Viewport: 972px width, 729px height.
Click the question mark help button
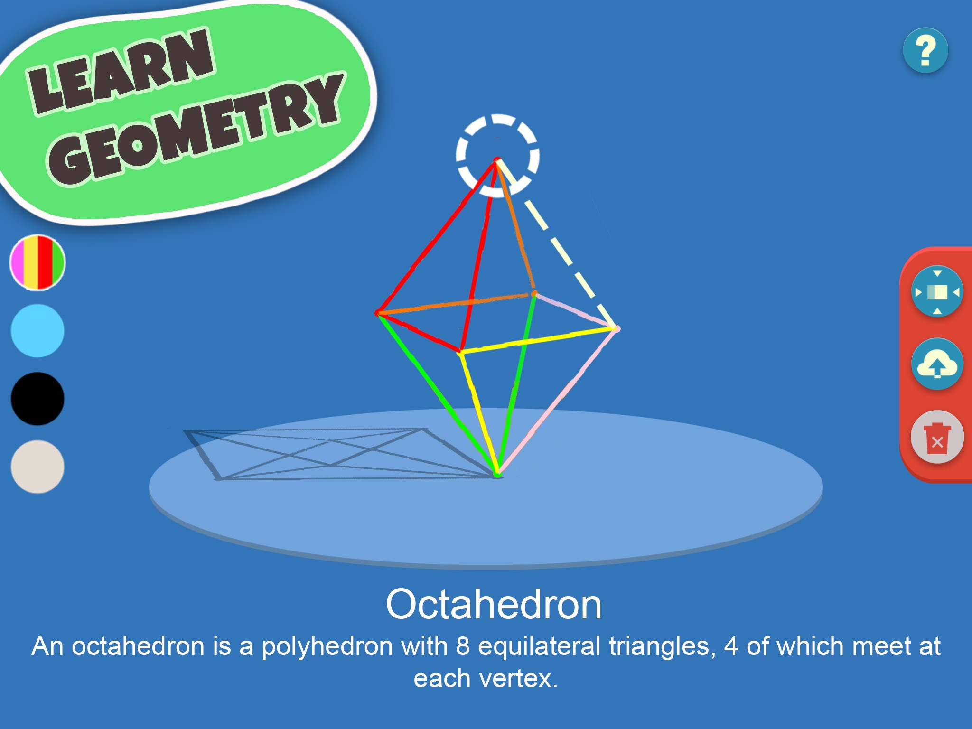[x=925, y=50]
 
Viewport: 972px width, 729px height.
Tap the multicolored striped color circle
[x=37, y=262]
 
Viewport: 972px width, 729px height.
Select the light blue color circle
[x=37, y=331]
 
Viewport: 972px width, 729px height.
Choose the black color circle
[x=37, y=399]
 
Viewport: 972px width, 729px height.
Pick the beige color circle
[x=37, y=467]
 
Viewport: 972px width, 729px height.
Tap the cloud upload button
[x=937, y=364]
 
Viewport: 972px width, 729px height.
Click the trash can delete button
[x=937, y=437]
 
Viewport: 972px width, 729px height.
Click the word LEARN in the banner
[x=121, y=71]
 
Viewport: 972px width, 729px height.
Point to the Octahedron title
[x=494, y=604]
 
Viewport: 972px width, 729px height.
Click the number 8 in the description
[x=463, y=646]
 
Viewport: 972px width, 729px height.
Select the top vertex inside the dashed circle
[x=497, y=160]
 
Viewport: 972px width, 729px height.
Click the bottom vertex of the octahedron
[x=497, y=474]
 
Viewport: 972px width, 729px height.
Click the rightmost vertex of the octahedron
[x=616, y=328]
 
